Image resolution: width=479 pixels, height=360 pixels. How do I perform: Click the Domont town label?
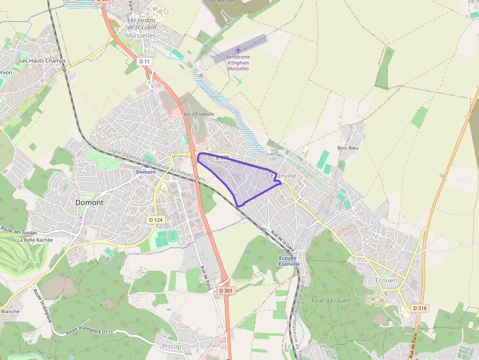89,202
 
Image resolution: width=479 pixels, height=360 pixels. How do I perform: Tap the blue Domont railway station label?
146,172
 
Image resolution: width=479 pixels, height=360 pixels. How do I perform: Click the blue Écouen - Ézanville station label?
289,261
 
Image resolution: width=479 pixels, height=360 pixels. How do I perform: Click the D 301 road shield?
226,291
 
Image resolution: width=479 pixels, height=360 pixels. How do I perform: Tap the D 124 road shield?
155,220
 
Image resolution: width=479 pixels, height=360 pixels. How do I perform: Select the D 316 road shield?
419,308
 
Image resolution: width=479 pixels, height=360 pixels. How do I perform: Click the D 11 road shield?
143,62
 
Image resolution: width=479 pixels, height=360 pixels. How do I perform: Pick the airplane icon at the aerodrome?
238,50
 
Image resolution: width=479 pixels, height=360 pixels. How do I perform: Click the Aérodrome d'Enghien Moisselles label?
238,63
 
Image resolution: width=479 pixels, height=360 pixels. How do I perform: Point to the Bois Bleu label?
348,148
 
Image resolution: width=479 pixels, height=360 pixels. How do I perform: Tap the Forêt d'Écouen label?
330,300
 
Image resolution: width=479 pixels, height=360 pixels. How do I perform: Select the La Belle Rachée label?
35,240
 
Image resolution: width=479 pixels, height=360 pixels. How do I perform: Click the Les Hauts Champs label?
42,61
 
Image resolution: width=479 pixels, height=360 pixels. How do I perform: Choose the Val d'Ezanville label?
199,114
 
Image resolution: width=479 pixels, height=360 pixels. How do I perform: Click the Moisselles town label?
141,36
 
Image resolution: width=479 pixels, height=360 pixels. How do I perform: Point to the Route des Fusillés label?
20,232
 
